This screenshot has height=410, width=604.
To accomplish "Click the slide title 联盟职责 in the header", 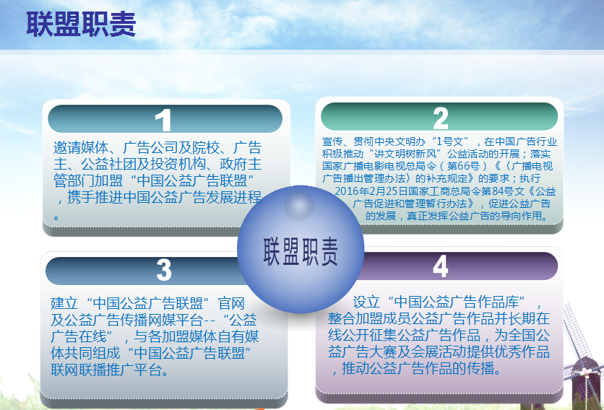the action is (81, 25).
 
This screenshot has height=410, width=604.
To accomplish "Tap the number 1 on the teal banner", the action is (164, 120).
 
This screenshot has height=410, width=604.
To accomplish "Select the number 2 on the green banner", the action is (440, 118).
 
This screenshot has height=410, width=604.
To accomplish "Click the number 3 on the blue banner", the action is (164, 269).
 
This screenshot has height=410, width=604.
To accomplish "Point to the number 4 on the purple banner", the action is (440, 266).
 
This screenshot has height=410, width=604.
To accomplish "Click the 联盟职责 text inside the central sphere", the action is (301, 251).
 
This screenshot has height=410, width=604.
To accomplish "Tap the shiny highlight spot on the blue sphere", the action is (299, 204).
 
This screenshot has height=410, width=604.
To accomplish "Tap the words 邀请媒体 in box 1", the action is (81, 147).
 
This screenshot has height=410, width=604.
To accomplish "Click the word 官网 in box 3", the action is (231, 303).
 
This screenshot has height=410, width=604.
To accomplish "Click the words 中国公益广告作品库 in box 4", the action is (457, 302).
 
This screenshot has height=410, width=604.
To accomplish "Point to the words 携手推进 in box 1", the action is (95, 197).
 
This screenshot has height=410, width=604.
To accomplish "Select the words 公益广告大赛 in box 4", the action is (370, 352).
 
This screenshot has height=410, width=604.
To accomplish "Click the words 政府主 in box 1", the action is (241, 164).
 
